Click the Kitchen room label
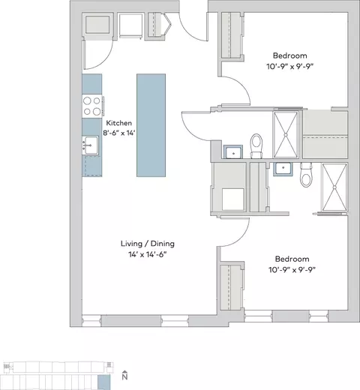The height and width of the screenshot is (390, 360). point(118,123)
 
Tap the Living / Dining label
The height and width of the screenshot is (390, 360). point(148,244)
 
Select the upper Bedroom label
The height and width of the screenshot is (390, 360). point(289,55)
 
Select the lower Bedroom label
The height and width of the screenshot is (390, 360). point(292,259)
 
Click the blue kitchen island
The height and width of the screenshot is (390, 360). point(151,125)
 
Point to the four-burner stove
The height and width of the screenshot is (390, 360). point(92,106)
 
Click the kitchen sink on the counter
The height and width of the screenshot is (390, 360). point(90,145)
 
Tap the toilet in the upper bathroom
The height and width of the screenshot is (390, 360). point(256,146)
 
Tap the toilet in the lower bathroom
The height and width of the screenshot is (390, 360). point(307,175)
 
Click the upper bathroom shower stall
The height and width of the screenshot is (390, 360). point(286,134)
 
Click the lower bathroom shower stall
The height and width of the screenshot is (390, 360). point(334,187)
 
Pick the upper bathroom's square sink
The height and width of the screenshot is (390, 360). point(233,152)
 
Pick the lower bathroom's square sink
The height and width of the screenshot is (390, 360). point(283,169)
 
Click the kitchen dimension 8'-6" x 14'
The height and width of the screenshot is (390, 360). point(119,133)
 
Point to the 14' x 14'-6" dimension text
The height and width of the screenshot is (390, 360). point(148,254)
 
